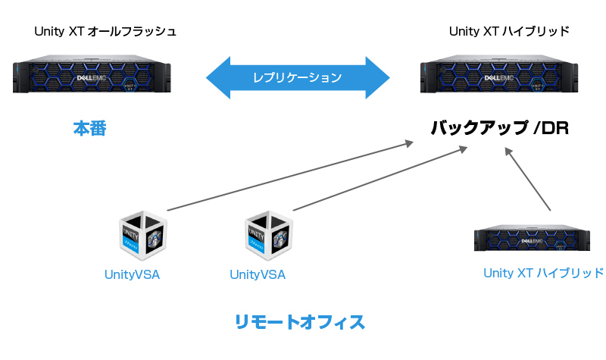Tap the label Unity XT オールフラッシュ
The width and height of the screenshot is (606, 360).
point(105,32)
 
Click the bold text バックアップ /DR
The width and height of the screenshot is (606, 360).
point(499,128)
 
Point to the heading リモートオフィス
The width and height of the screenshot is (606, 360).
point(300,321)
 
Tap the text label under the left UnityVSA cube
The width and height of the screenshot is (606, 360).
point(132,274)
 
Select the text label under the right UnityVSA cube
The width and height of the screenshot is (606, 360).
point(258,274)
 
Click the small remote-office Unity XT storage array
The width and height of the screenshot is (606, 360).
point(532,238)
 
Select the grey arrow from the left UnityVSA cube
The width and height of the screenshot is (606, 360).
point(288,175)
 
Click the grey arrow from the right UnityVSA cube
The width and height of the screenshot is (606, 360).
point(379,179)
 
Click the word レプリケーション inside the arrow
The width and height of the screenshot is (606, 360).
point(298,77)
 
